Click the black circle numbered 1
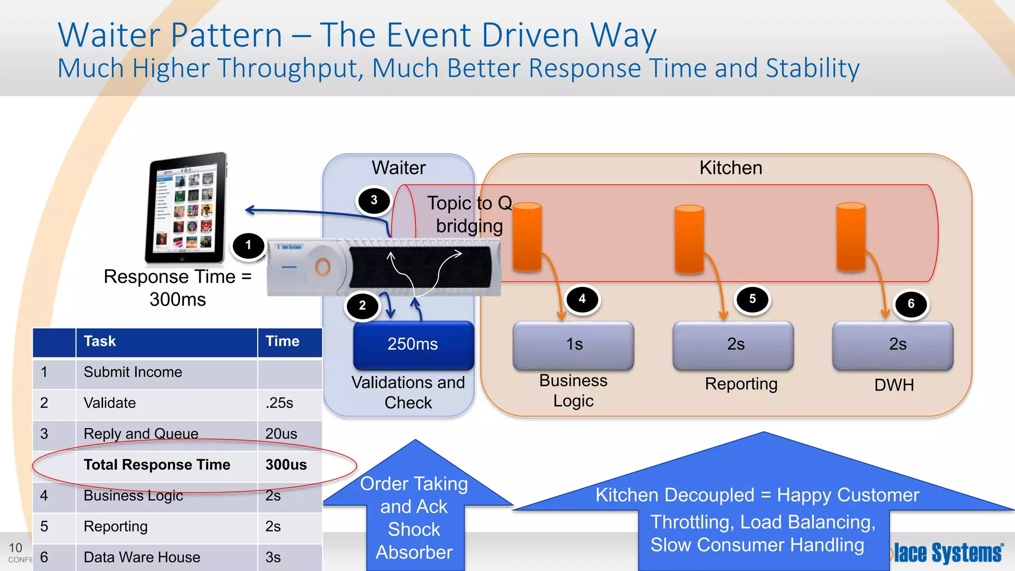(x=248, y=246)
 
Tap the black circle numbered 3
(x=374, y=200)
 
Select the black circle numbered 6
(x=911, y=304)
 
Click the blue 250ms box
(x=413, y=344)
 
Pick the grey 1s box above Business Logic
(x=574, y=344)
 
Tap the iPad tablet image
(x=186, y=208)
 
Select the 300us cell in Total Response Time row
(x=286, y=465)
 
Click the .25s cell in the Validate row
(x=280, y=403)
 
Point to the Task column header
(x=100, y=342)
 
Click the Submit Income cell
(x=133, y=372)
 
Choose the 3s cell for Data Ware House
(x=273, y=557)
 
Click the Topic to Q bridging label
(x=469, y=215)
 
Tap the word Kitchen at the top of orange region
(x=731, y=168)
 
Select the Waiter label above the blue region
(x=398, y=168)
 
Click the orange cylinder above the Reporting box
(x=689, y=239)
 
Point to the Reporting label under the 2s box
(x=741, y=384)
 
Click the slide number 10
(x=15, y=548)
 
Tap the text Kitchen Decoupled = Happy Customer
(x=757, y=495)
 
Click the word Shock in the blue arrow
(x=414, y=530)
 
